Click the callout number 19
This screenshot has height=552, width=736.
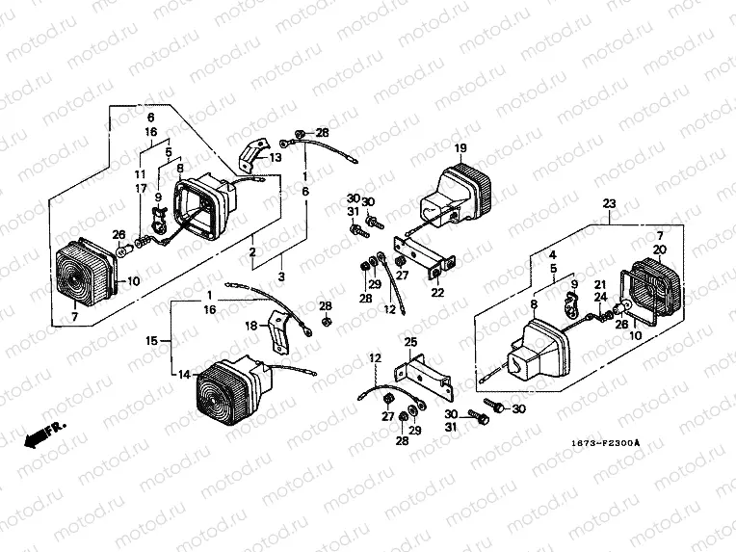(x=460, y=147)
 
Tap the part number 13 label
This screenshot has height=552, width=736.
(x=276, y=158)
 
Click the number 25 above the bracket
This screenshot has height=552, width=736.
(x=409, y=342)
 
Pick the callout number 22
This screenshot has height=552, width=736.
(x=436, y=293)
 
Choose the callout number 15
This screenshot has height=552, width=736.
(x=150, y=341)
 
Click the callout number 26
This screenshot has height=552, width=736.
(x=119, y=235)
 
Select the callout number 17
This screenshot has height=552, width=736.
(x=140, y=187)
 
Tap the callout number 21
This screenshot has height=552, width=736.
(x=598, y=284)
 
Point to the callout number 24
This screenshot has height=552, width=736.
(x=598, y=297)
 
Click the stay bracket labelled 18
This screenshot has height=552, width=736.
(x=276, y=333)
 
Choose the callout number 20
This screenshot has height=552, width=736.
(x=660, y=249)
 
